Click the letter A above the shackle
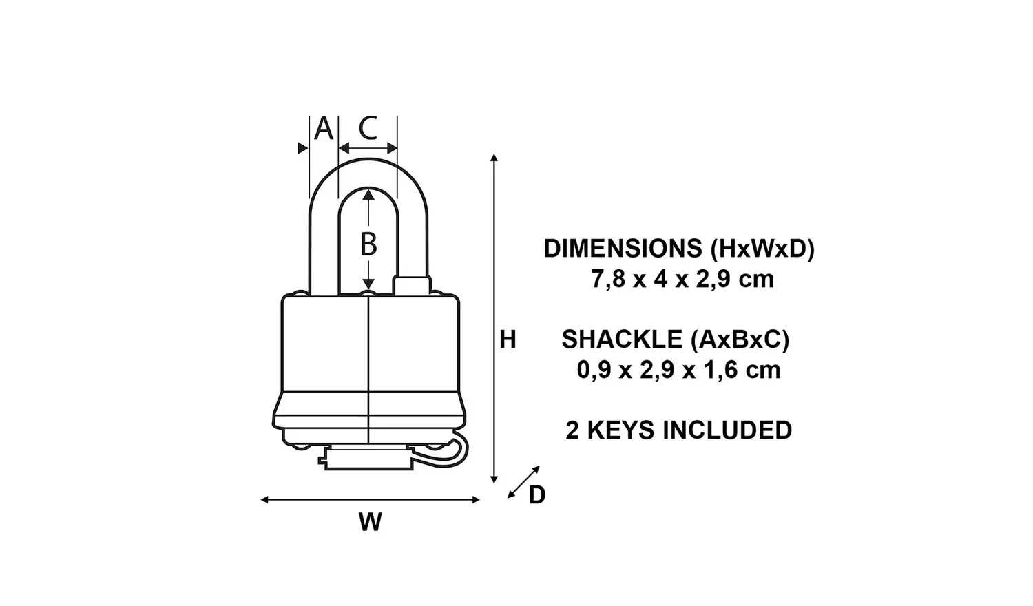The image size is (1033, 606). coord(323,129)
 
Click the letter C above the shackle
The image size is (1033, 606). coord(368,128)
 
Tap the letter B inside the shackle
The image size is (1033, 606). coord(369,244)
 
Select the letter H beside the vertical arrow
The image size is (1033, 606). coord(508,339)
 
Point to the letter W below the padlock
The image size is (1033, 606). coord(370,523)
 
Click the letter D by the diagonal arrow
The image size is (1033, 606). coord(537,495)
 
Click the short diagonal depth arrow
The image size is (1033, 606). coord(523,482)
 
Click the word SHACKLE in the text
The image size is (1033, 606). coord(621,339)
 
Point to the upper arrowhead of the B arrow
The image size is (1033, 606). coord(369,195)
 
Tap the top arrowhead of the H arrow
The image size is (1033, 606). coord(494,158)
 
